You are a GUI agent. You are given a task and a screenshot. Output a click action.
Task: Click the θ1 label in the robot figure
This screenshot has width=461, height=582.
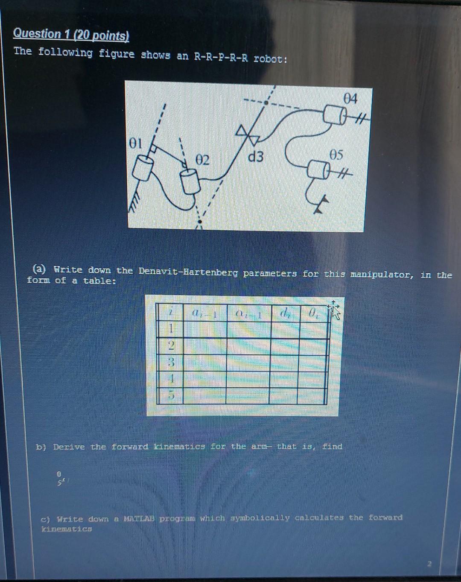pyautogui.click(x=135, y=143)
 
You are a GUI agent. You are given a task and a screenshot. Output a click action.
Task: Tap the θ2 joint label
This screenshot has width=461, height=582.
pyautogui.click(x=203, y=161)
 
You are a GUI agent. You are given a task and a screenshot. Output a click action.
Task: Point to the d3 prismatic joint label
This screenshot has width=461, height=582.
pyautogui.click(x=256, y=157)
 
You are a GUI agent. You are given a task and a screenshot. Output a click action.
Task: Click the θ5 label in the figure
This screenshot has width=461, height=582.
pyautogui.click(x=336, y=155)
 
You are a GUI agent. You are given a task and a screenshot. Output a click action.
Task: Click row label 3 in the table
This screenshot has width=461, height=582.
pyautogui.click(x=170, y=363)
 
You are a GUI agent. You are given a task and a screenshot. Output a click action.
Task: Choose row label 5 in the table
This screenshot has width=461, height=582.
pyautogui.click(x=170, y=396)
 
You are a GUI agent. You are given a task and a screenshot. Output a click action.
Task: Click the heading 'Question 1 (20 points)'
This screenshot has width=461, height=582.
pyautogui.click(x=71, y=34)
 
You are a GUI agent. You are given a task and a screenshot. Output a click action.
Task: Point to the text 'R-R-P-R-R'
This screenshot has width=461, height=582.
pyautogui.click(x=221, y=58)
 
